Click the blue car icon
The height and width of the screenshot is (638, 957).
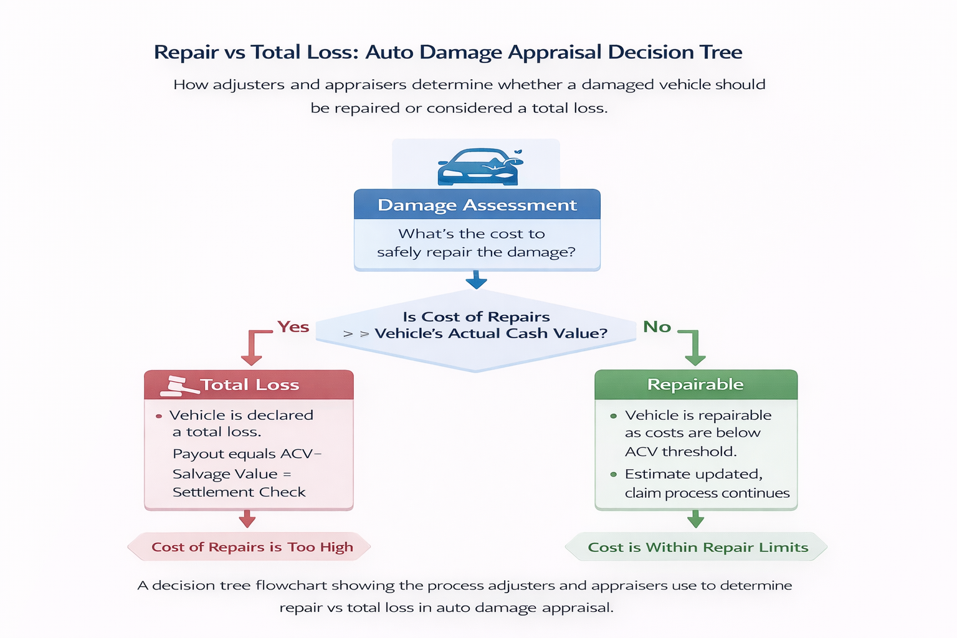(478, 167)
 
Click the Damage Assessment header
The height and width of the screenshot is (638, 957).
(477, 205)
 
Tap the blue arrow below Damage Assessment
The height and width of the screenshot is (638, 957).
(476, 280)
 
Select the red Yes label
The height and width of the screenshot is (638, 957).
(293, 327)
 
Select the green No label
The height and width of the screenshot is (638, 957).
(657, 327)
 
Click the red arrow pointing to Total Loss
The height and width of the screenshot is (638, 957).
(252, 349)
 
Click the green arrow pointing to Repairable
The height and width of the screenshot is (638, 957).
(694, 349)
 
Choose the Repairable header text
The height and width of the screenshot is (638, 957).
(695, 384)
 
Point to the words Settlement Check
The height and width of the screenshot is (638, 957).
(239, 492)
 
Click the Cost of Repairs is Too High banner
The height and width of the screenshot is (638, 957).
(250, 547)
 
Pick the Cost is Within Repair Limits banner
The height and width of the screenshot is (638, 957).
(697, 547)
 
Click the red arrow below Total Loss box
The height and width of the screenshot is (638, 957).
(247, 519)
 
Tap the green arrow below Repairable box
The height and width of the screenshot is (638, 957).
(695, 519)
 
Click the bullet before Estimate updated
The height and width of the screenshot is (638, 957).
(614, 475)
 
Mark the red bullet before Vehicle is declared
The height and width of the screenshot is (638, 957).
(159, 416)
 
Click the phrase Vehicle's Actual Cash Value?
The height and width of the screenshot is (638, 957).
(490, 333)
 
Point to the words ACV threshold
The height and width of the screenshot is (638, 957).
(680, 451)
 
